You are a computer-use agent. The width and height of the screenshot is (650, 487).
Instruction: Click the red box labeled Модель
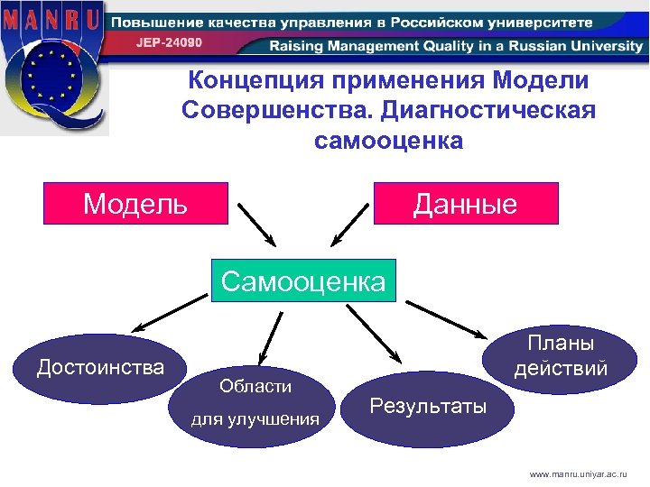pos(136,204)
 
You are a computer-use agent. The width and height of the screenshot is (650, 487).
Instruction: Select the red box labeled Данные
pos(466,204)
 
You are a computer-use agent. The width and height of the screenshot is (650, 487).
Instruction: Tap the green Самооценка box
pos(303,282)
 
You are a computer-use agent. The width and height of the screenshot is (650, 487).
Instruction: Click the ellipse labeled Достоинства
pos(100,368)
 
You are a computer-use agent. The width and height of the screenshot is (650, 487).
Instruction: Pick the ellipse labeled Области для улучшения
pos(255,403)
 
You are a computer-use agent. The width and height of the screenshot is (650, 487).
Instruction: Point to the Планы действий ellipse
pos(560,357)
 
